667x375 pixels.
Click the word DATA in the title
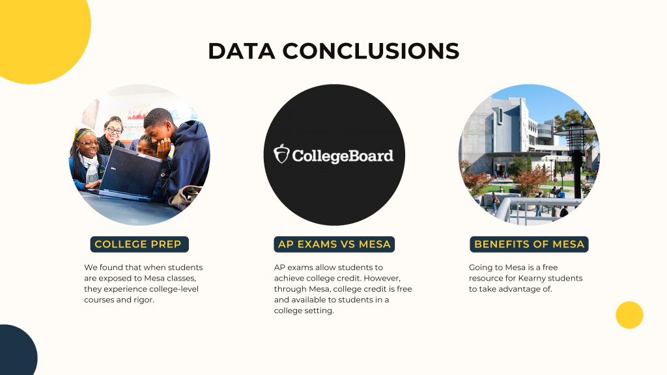point(241,51)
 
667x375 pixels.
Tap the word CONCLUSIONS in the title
point(371,51)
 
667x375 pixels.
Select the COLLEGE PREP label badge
point(139,245)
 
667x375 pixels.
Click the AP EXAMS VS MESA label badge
point(334,245)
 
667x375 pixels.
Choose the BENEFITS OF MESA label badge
point(529,245)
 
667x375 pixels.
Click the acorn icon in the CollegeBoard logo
point(281,154)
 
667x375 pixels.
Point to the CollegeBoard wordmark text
point(343,156)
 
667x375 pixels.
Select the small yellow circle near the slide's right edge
point(629,315)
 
